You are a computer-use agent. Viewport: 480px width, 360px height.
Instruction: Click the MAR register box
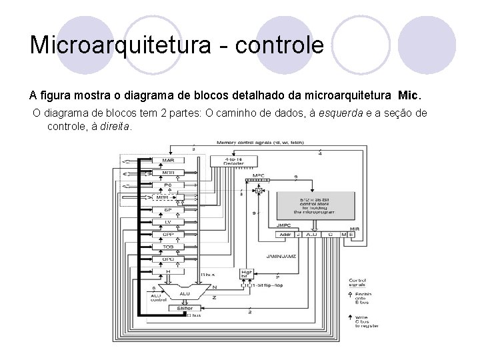[x=169, y=161]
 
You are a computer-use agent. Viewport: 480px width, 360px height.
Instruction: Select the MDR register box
[x=169, y=173]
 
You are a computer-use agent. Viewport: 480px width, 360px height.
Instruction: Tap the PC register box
[x=169, y=185]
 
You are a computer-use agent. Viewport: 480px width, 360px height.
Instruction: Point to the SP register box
[x=169, y=210]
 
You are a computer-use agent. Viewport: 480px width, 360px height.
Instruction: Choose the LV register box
[x=169, y=222]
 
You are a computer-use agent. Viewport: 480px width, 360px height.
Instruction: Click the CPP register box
[x=169, y=234]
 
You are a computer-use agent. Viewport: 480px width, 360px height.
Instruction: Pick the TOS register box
[x=169, y=246]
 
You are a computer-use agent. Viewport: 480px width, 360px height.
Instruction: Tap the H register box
[x=169, y=271]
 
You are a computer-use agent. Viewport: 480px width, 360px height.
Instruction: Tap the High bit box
[x=247, y=273]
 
